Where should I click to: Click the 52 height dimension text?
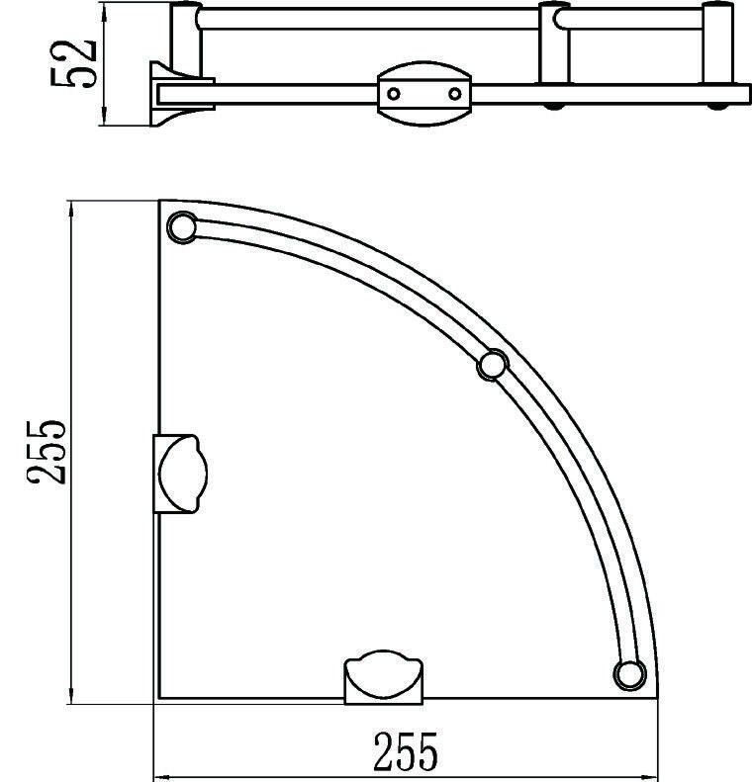pos(73,64)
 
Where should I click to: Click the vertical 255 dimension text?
pos(46,452)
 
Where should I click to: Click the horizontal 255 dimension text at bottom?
pos(406,751)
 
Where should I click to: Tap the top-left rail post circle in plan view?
pos(182,227)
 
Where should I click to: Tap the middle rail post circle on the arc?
pos(493,366)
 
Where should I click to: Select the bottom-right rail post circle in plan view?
pos(629,675)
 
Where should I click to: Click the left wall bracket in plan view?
pos(180,474)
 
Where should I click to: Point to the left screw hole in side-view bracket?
pos(394,94)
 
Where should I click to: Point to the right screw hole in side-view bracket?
pos(454,94)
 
